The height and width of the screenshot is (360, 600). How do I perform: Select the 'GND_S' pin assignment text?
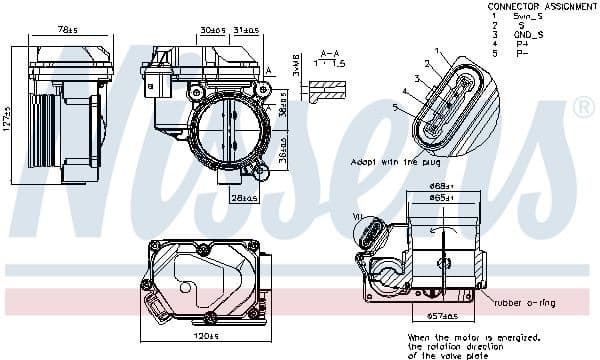point(529,34)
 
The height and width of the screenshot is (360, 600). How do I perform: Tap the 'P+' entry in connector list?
point(521,44)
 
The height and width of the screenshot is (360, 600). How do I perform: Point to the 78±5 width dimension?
point(68,30)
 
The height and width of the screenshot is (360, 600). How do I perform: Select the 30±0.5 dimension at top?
point(211,30)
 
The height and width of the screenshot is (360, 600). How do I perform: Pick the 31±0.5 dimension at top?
point(245,30)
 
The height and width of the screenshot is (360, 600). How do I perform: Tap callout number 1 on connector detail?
point(437,50)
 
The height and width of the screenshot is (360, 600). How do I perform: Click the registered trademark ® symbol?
point(582,105)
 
